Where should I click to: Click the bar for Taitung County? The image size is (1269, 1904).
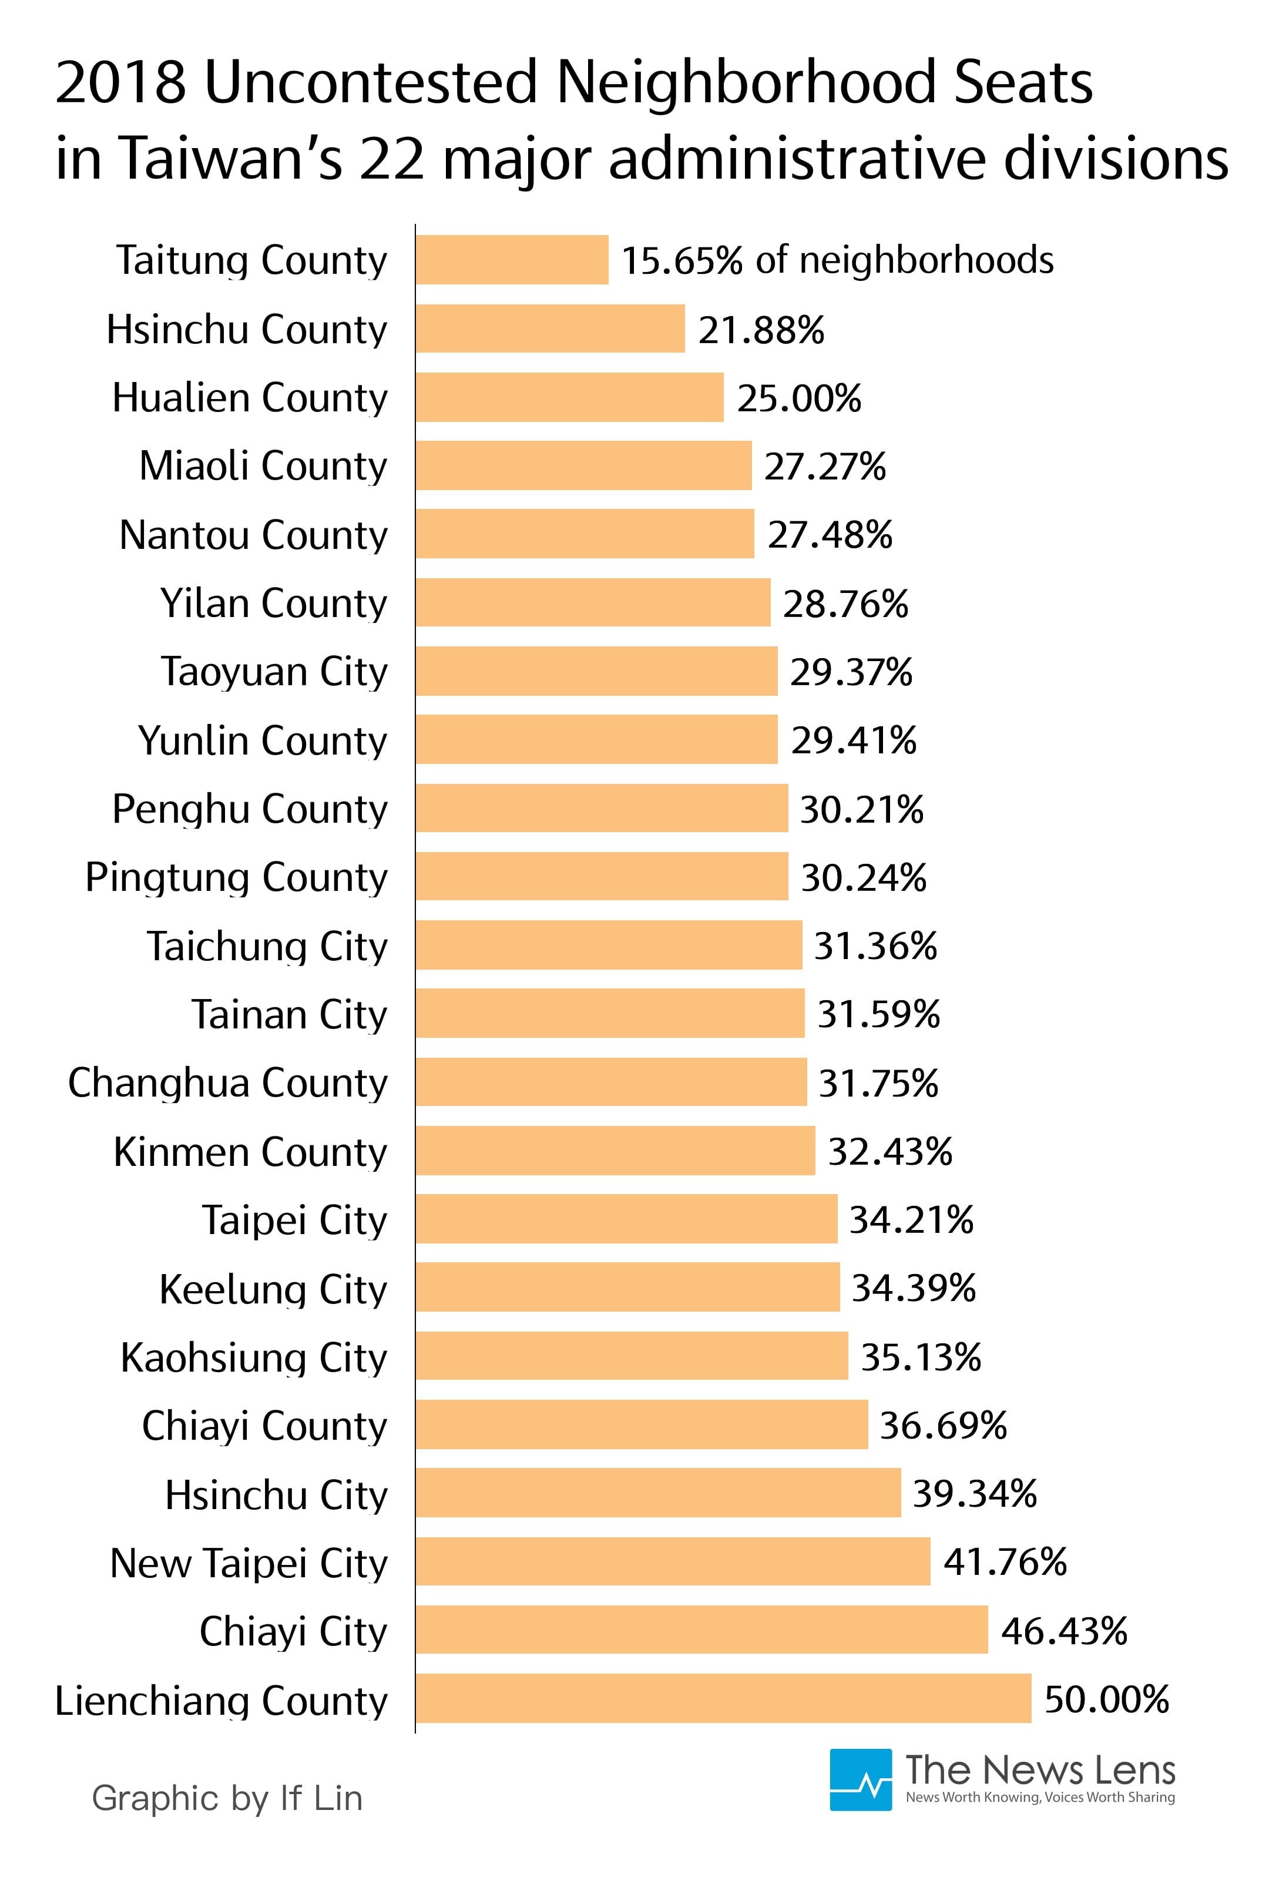512,260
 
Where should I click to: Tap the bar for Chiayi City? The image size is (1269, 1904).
701,1630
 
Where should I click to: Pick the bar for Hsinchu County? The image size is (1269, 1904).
550,328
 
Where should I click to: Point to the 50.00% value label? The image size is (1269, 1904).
1106,1699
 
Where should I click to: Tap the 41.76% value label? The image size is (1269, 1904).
1005,1561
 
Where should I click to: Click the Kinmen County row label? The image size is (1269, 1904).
250,1152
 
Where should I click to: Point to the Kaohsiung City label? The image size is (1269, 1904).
253,1357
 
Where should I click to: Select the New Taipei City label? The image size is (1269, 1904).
249,1563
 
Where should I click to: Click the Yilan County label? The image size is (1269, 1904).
274,603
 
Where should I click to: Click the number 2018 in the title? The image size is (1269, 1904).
120,83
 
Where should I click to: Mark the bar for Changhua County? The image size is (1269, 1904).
611,1081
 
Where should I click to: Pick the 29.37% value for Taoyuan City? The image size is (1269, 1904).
851,672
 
